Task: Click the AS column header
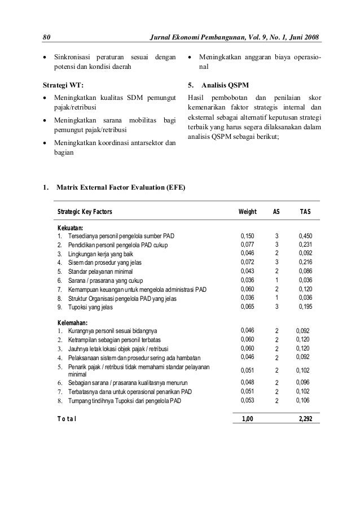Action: coord(276,212)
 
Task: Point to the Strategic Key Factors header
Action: coord(85,212)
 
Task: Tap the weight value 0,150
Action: coord(248,235)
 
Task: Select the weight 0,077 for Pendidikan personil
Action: coord(248,244)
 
